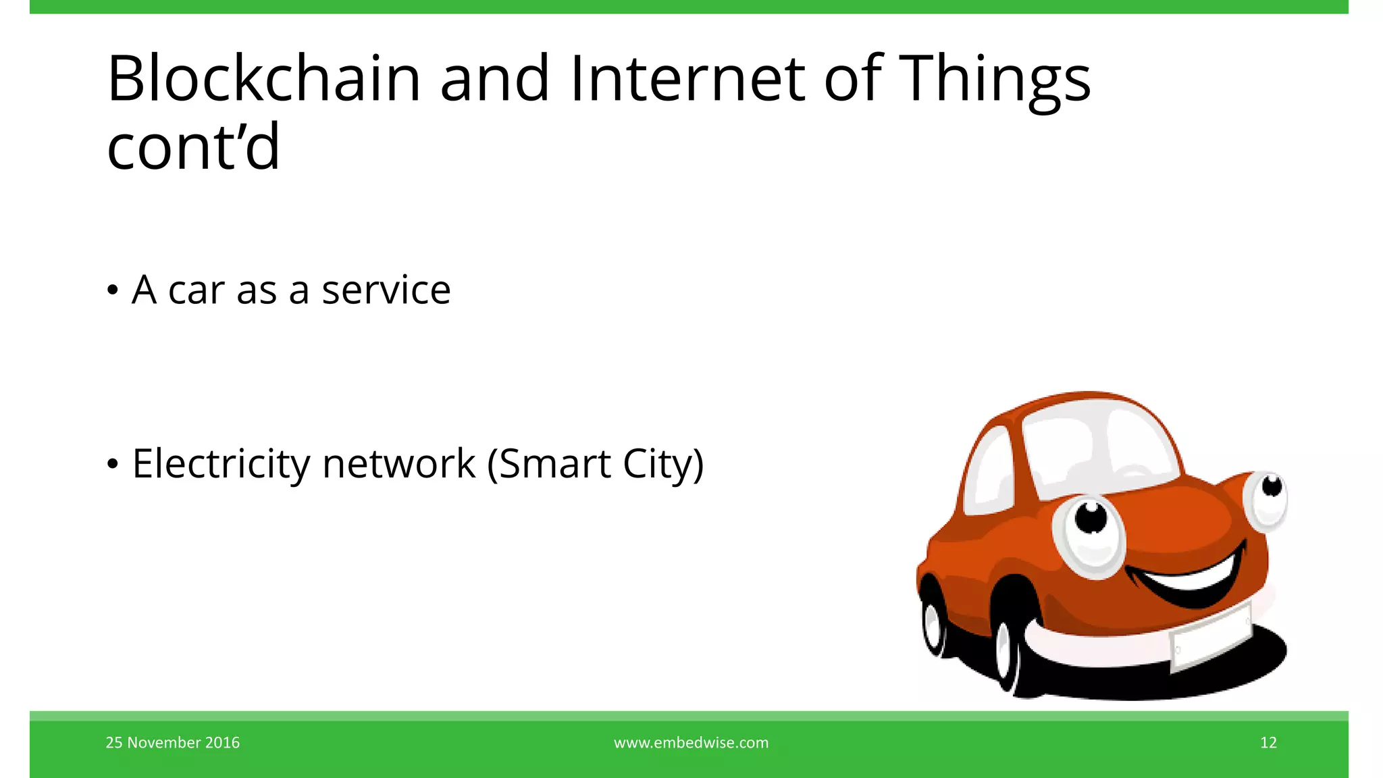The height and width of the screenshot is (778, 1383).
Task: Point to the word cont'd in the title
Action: pos(193,147)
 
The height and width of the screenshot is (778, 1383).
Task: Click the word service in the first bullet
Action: pos(386,290)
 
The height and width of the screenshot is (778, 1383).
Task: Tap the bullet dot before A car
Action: pos(113,291)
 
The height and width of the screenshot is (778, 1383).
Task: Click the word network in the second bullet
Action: pos(399,464)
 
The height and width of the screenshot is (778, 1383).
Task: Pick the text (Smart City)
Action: pos(596,464)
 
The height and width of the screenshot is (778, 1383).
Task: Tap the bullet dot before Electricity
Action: pos(113,465)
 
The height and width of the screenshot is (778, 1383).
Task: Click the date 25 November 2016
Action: pos(172,743)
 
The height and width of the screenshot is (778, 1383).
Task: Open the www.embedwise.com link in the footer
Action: pos(691,743)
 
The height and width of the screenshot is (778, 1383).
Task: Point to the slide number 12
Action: pos(1268,743)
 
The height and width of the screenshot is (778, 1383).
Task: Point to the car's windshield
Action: pos(1101,446)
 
